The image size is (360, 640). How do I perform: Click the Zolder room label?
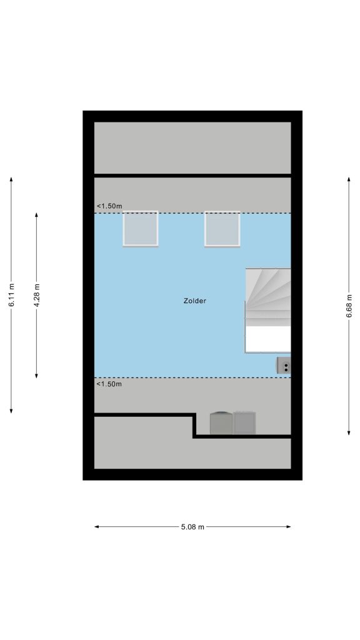[195, 301]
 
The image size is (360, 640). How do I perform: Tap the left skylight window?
[141, 229]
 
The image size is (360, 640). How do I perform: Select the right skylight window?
[222, 229]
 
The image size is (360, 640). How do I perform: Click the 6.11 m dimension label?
[11, 295]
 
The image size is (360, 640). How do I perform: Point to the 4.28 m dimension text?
[37, 295]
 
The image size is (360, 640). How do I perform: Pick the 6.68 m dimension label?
[349, 306]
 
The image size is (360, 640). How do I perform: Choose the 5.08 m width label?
[192, 527]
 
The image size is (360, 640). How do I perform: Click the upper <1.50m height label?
[109, 206]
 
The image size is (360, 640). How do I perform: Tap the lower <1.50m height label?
[109, 384]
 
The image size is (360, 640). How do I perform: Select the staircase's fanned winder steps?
[268, 297]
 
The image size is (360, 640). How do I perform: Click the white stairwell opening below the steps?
[268, 339]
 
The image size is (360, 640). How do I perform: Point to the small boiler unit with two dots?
[284, 365]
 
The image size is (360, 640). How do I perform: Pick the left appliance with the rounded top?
[221, 423]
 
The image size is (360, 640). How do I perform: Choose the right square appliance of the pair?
[244, 423]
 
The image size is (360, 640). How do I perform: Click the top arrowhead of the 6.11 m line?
[11, 179]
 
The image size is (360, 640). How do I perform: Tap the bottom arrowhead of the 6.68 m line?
[349, 432]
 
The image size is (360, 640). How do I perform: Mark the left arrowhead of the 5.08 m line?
[97, 527]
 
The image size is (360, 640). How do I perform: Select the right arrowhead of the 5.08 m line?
[288, 527]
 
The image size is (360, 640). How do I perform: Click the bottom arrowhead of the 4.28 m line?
[37, 375]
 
